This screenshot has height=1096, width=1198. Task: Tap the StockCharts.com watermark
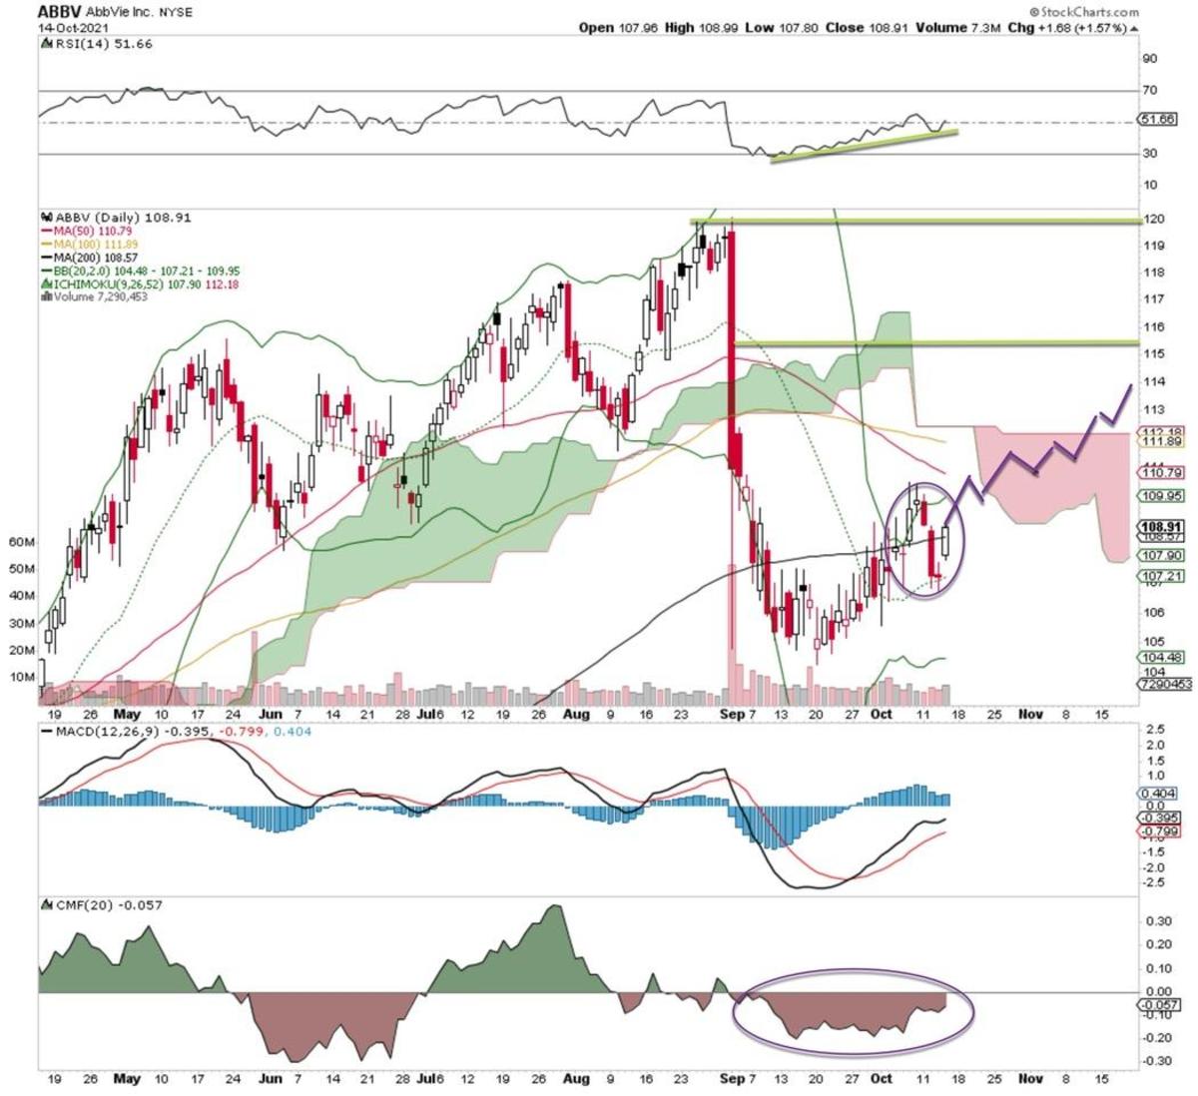pos(1088,11)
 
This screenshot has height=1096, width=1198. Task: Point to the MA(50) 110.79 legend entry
pos(88,231)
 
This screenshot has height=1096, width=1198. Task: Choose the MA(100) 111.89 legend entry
pos(91,244)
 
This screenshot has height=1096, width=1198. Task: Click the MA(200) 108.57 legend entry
pos(91,258)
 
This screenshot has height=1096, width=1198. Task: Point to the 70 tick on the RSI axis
pos(1150,91)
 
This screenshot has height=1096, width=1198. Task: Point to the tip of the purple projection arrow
pos(1130,385)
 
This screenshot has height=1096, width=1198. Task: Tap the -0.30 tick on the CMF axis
pos(1157,1060)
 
